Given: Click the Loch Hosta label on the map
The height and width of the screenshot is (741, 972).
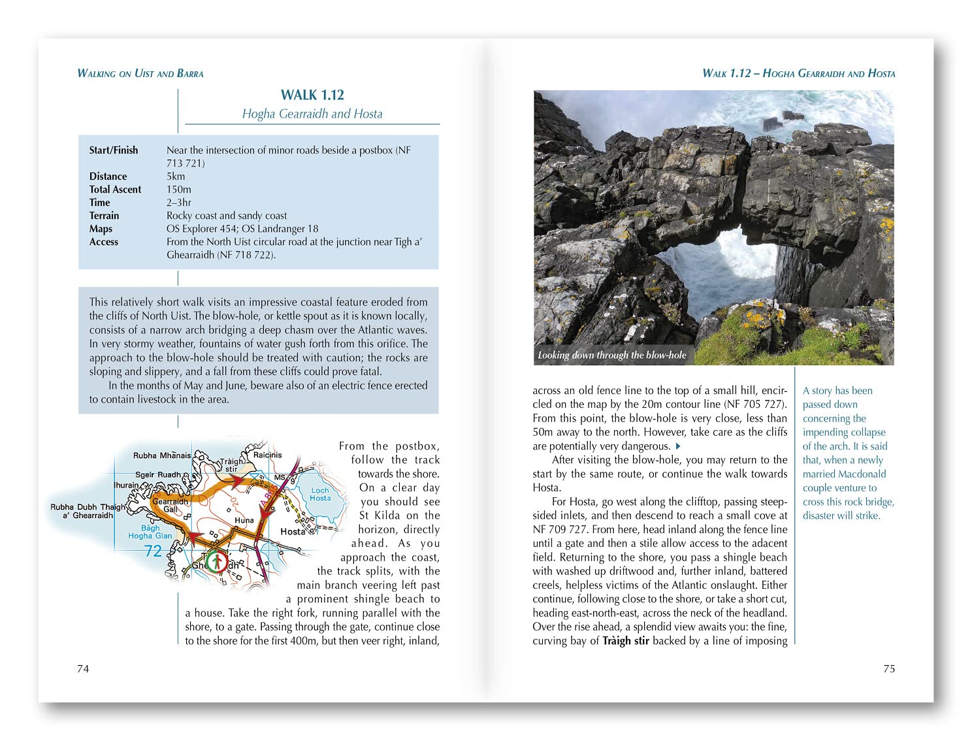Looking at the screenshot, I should [320, 494].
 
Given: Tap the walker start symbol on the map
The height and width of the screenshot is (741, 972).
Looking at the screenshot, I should [216, 562].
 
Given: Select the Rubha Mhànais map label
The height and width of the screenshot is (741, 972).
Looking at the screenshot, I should [162, 455].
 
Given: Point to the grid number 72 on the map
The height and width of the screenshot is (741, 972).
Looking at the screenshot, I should [153, 551].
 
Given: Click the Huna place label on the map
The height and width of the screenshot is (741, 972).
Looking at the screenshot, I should [244, 521].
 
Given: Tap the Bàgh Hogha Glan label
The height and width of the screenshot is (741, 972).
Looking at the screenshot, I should [150, 532].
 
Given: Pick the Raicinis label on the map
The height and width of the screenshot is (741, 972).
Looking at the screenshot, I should [267, 455].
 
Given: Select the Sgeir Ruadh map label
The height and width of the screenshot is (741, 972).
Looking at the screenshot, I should [158, 474].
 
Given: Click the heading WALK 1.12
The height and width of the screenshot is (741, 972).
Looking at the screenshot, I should [312, 95].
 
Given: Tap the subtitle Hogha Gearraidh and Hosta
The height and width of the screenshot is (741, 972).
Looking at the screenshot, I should [312, 114].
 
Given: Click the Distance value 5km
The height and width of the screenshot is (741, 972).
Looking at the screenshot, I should [176, 176].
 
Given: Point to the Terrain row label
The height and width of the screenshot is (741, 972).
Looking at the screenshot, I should [105, 216].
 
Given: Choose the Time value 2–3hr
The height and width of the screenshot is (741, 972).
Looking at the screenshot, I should [179, 203].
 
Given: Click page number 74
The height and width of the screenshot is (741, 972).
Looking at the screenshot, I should [83, 668].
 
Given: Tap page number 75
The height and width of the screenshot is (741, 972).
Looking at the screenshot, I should [889, 668].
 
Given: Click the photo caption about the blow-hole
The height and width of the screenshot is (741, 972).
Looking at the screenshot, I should [612, 355].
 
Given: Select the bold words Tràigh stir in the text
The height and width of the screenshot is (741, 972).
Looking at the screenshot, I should [626, 641].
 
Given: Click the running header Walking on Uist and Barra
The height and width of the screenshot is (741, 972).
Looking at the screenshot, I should [140, 73].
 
